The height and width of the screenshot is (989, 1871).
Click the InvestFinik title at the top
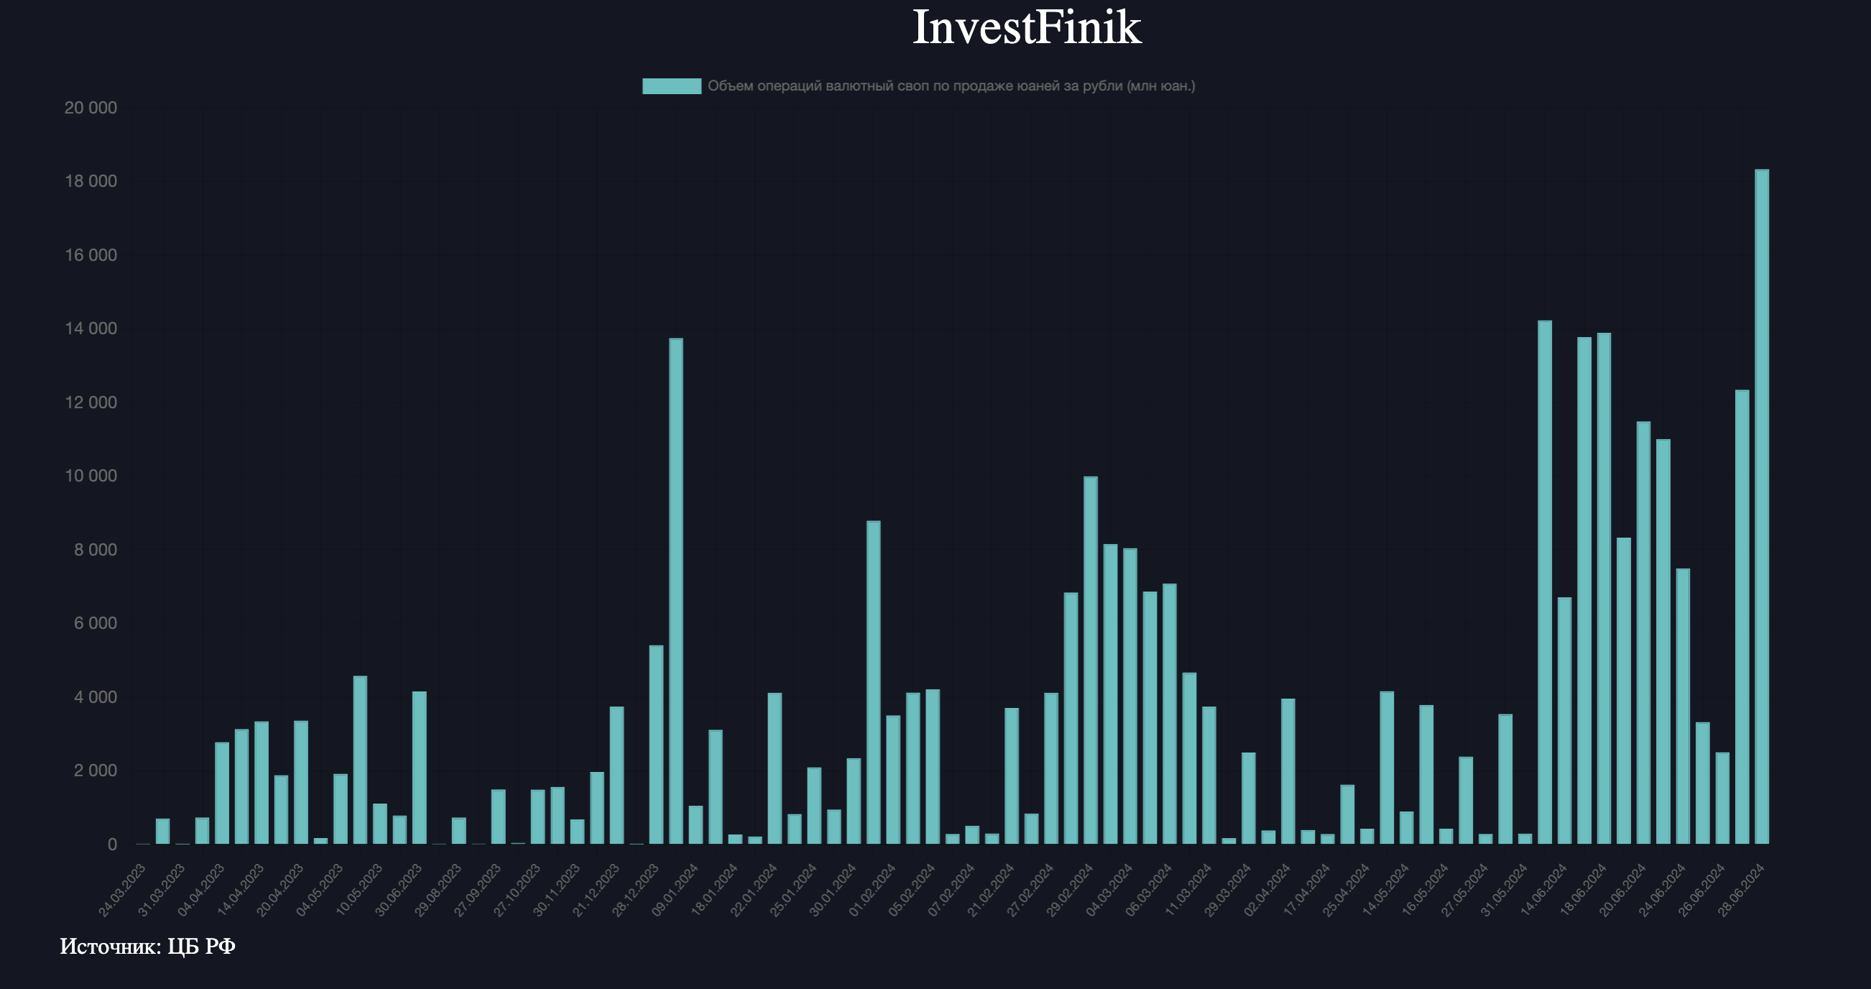tap(1026, 27)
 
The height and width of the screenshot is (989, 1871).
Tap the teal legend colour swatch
tap(671, 86)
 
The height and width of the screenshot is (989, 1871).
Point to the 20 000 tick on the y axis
tap(91, 109)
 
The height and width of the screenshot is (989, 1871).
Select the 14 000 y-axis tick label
tap(91, 329)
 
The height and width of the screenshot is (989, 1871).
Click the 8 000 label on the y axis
tap(94, 550)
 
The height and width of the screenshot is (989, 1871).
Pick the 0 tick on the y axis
tap(112, 845)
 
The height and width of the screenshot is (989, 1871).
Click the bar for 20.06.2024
tap(1643, 632)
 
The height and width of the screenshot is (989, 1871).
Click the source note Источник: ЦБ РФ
tap(147, 946)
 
